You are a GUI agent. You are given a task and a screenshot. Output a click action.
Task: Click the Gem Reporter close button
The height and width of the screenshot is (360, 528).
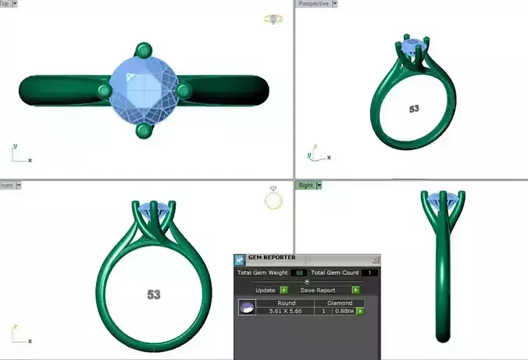pyautogui.click(x=376, y=259)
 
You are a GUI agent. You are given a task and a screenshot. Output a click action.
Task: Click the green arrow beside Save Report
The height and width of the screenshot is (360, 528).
pyautogui.click(x=355, y=290)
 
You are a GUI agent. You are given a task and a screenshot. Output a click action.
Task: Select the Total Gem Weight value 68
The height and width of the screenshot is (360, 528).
pyautogui.click(x=300, y=273)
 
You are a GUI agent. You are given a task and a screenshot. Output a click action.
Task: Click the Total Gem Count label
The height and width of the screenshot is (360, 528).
pyautogui.click(x=336, y=273)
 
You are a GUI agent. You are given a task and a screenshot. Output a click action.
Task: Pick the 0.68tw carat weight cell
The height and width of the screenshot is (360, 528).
pyautogui.click(x=344, y=311)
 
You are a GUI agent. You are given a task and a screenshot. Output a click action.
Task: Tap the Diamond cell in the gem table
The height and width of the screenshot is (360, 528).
pyautogui.click(x=341, y=302)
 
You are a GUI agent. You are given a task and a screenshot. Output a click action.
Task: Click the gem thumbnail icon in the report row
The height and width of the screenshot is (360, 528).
pyautogui.click(x=247, y=308)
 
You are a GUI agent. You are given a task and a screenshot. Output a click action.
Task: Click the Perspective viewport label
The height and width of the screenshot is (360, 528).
pyautogui.click(x=313, y=4)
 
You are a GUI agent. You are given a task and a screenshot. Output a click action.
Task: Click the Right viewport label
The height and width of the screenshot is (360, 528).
pyautogui.click(x=305, y=185)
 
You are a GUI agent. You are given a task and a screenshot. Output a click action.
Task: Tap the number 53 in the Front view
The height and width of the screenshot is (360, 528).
pyautogui.click(x=154, y=294)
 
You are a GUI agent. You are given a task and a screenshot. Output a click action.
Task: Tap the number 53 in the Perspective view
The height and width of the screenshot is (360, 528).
pyautogui.click(x=414, y=109)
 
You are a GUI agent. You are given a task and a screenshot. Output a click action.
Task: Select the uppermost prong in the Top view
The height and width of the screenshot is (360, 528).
pyautogui.click(x=143, y=51)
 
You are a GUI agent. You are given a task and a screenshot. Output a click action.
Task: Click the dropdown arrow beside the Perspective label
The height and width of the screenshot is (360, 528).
pyautogui.click(x=335, y=4)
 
